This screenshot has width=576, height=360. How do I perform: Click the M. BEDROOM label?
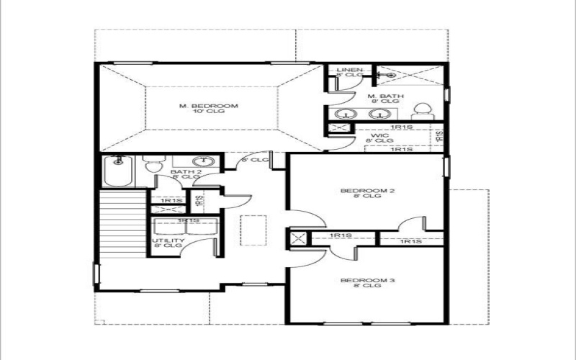209,106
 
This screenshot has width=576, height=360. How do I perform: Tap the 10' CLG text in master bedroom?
209,113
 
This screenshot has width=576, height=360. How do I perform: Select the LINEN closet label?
349,70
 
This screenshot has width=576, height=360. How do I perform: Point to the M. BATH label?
385,96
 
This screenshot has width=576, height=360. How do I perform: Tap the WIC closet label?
380,135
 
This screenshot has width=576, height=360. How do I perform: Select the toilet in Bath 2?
151,165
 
